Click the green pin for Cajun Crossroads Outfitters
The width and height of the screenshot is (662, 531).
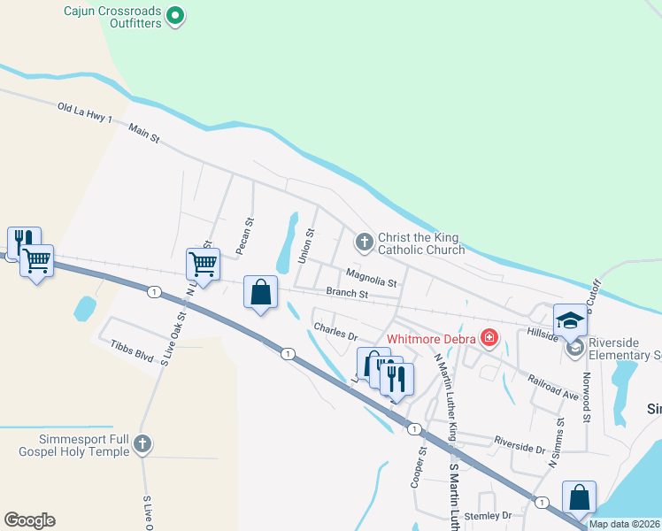(175, 15)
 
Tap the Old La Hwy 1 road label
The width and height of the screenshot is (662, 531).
(85, 110)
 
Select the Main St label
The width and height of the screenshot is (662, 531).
(143, 134)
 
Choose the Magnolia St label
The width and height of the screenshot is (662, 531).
(371, 277)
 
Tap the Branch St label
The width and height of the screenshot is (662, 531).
(347, 293)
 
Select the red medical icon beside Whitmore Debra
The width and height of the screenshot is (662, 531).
(488, 337)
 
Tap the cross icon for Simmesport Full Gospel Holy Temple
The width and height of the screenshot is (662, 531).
(142, 445)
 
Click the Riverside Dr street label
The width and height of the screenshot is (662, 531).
(520, 443)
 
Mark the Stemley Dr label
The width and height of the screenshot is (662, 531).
(489, 515)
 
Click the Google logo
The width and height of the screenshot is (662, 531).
(29, 519)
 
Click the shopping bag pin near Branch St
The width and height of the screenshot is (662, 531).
(261, 293)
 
